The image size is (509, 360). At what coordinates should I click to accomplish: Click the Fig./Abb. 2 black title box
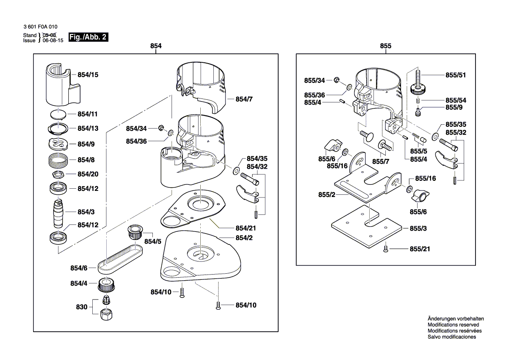pos(88,37)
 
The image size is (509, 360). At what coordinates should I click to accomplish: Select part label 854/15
pos(88,75)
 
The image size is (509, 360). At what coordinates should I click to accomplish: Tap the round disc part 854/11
pos(58,114)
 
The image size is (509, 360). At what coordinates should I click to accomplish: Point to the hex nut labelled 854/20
pos(58,174)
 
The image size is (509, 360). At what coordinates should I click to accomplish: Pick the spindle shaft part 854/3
pos(58,213)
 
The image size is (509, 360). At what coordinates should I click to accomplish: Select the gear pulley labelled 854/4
pos(107,285)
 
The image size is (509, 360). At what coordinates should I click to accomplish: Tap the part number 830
pos(81,307)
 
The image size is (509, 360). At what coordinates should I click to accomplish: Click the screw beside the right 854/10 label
pos(218,306)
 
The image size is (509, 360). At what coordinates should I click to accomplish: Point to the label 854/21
pos(246,228)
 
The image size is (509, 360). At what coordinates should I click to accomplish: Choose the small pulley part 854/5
pos(136,232)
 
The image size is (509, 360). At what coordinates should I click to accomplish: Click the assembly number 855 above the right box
pos(386,46)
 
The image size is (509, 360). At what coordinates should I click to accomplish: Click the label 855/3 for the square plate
pos(418,228)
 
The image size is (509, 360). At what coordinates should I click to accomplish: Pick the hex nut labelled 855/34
pos(337,80)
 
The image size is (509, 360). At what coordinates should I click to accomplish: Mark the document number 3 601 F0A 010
pos(40,27)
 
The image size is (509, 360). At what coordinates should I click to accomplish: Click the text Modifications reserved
pos(453,325)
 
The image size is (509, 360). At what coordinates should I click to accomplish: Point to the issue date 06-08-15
pos(53,41)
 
